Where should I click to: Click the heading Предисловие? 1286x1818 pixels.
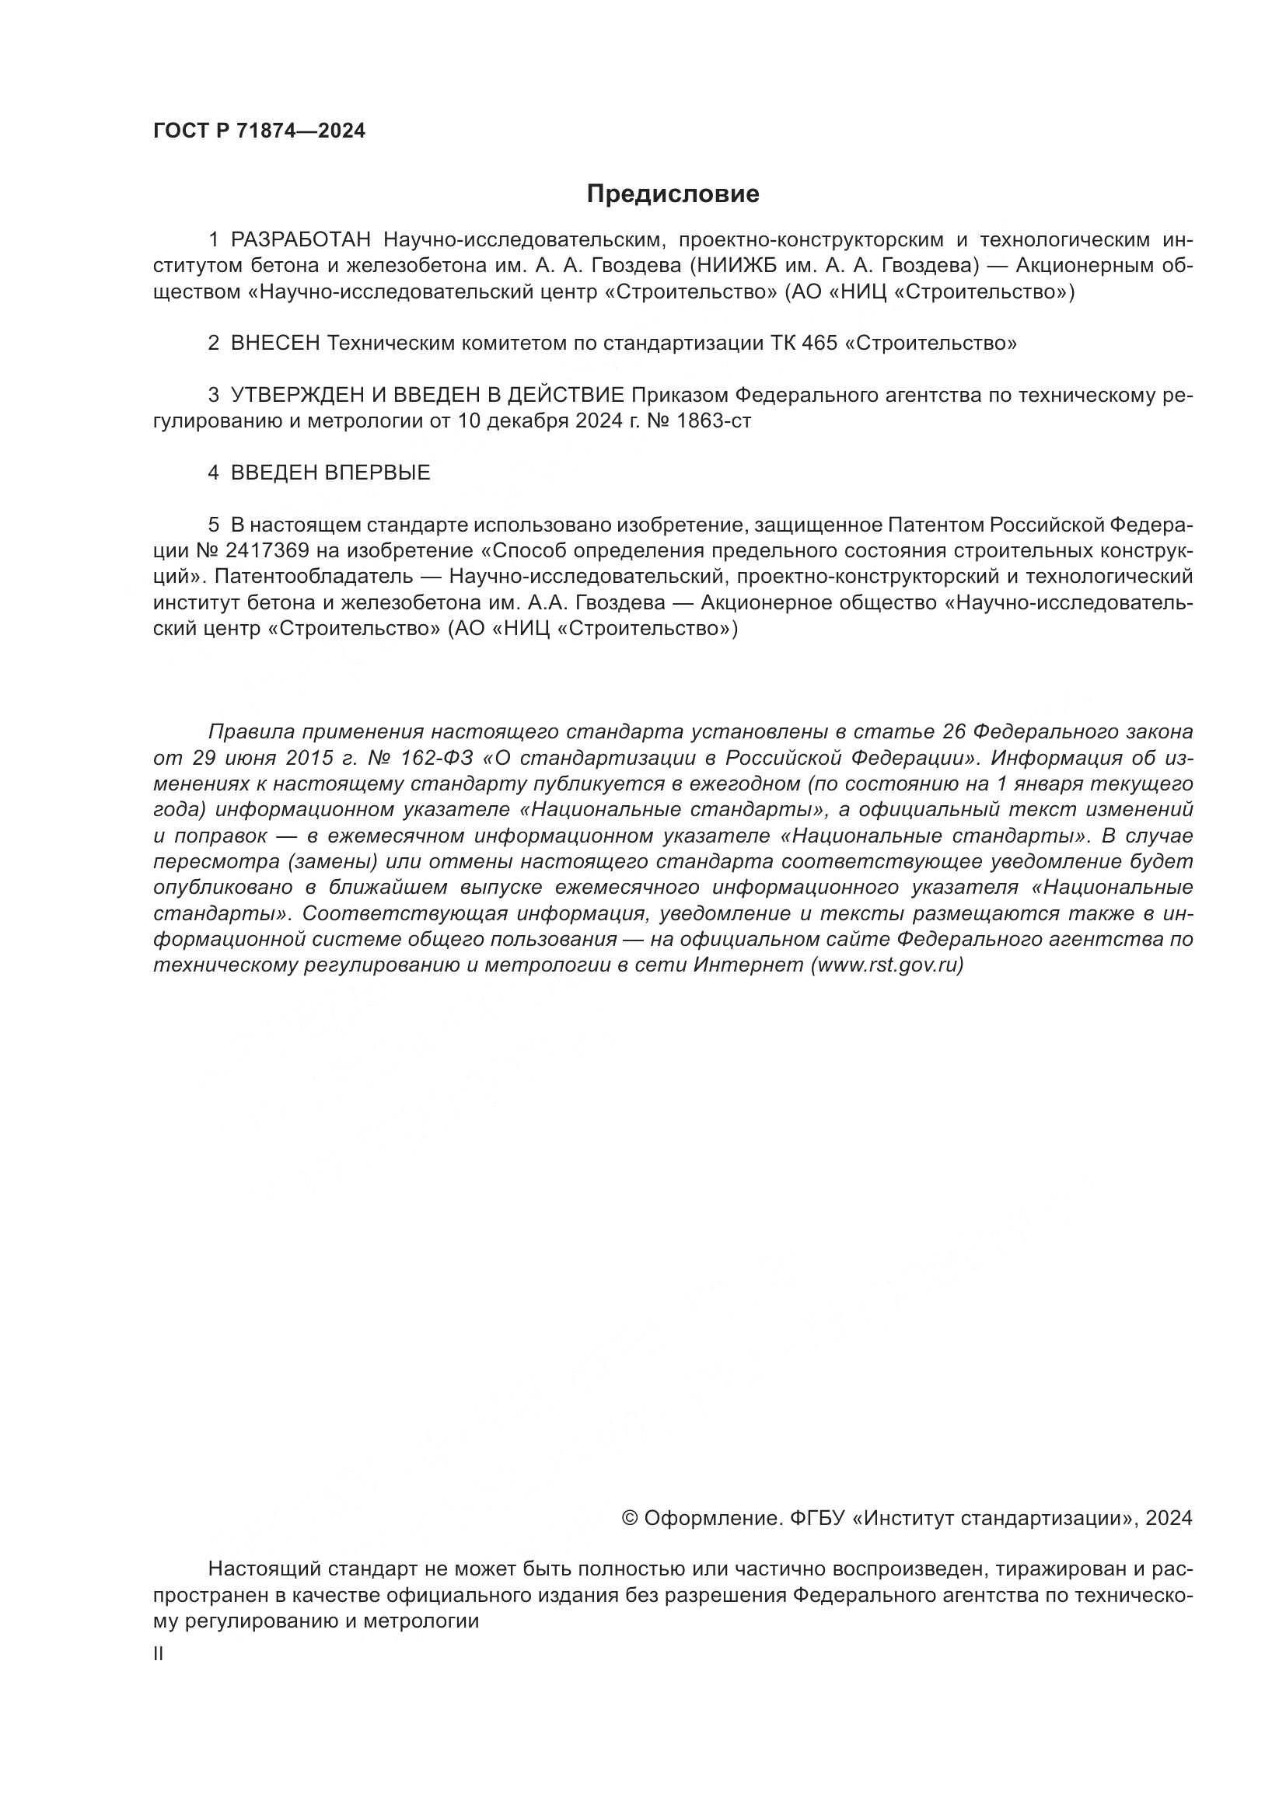click(673, 194)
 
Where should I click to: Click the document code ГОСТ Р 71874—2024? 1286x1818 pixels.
click(259, 131)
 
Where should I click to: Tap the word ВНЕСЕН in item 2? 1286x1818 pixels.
click(275, 344)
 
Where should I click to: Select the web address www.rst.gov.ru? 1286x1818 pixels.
click(887, 965)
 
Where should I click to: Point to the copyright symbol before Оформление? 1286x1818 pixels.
click(630, 1518)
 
